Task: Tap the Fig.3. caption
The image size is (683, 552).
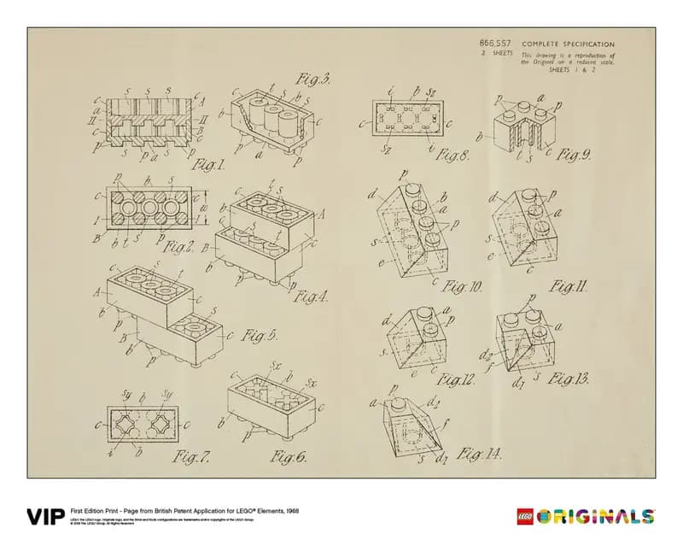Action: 312,82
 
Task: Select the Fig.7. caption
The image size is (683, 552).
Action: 192,457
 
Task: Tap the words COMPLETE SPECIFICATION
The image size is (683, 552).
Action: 568,44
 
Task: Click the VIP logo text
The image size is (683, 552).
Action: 45,517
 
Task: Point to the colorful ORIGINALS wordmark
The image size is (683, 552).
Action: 598,517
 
